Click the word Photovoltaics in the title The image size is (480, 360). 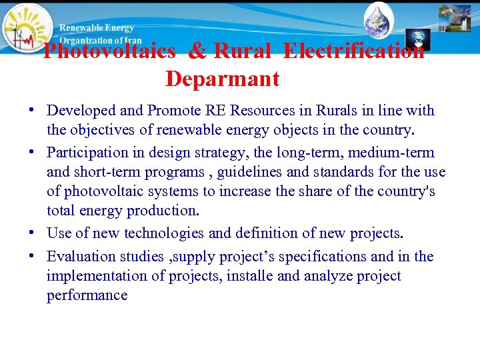click(109, 51)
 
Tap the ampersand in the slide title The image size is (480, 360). click(197, 51)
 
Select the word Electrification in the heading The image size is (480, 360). click(353, 51)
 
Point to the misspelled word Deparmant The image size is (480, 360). click(222, 79)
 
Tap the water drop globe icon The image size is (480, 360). click(379, 20)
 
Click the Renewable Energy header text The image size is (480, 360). click(97, 28)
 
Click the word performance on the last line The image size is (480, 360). click(87, 295)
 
